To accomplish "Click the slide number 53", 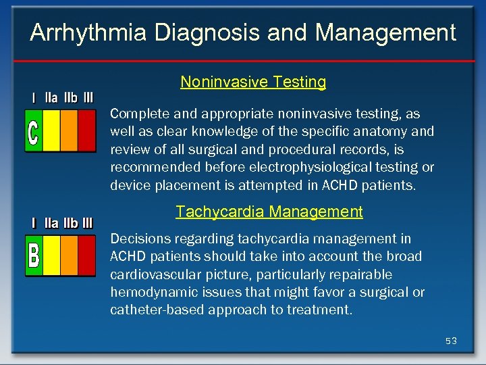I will click(451, 341).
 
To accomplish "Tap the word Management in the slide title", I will click(385, 32).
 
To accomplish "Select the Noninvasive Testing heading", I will click(253, 82).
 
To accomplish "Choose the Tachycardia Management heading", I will click(269, 212).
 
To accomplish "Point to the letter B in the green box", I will click(34, 255).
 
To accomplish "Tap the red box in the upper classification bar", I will click(86, 130).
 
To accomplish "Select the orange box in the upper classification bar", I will click(70, 130).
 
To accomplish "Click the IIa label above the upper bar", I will click(51, 98).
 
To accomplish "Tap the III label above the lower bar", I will click(86, 223).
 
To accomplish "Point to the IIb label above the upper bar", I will click(70, 98).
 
